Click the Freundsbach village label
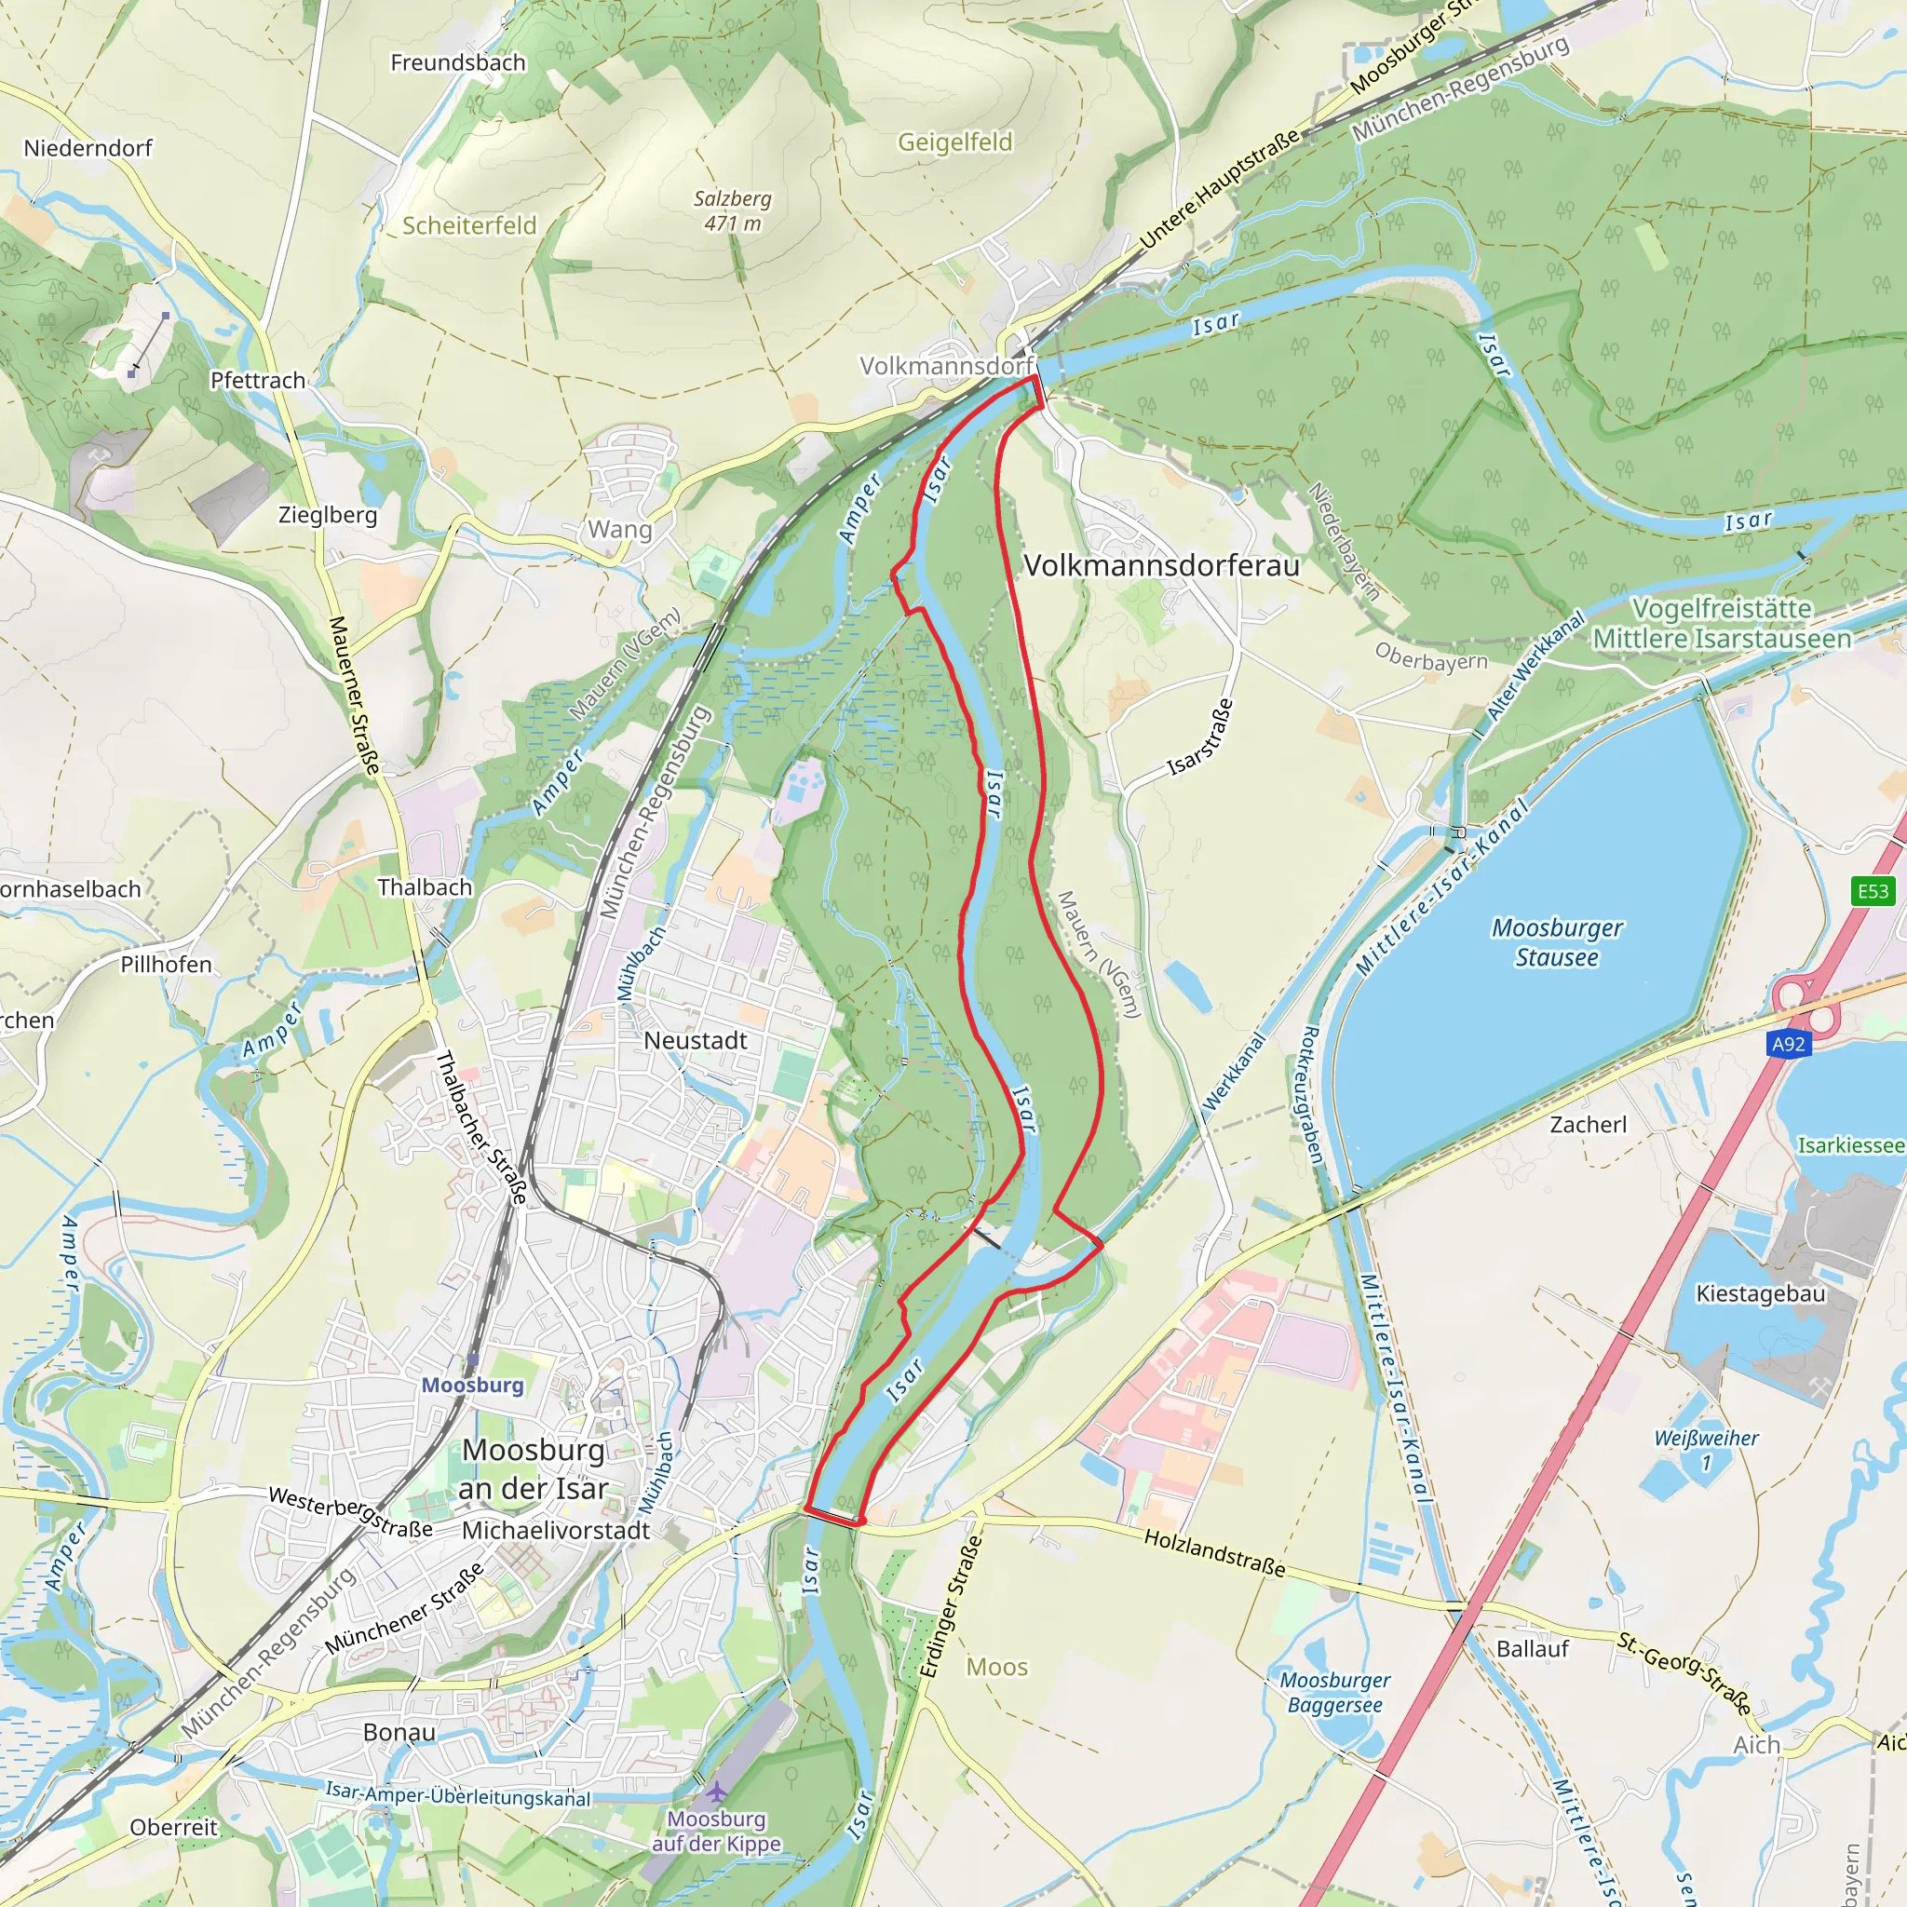(x=458, y=63)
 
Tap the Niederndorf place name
(x=88, y=148)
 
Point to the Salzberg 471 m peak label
(x=733, y=210)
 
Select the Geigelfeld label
(x=954, y=142)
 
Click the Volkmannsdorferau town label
(x=1162, y=565)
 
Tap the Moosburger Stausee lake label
(x=1557, y=942)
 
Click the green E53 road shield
(x=1873, y=892)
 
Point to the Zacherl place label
(x=1589, y=1124)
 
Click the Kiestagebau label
(x=1760, y=1293)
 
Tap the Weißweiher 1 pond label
(x=1707, y=1449)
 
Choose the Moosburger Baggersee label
(x=1334, y=1692)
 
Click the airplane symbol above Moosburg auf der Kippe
(x=716, y=1791)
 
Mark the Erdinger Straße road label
(x=952, y=1606)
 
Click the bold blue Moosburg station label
(x=473, y=1385)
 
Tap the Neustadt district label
(x=695, y=1040)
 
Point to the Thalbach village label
(x=425, y=887)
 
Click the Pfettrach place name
(x=258, y=381)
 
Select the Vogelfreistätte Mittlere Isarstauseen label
(x=1722, y=624)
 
